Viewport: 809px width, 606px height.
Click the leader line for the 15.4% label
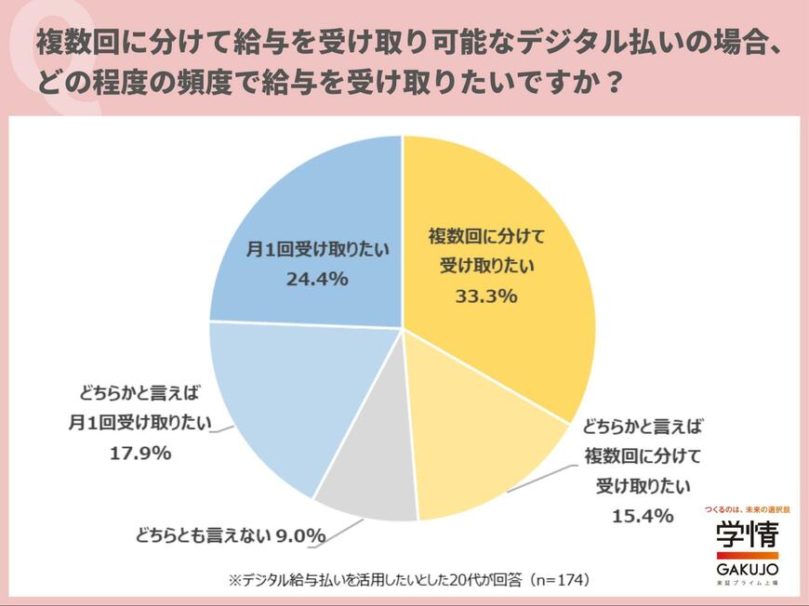pyautogui.click(x=540, y=479)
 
